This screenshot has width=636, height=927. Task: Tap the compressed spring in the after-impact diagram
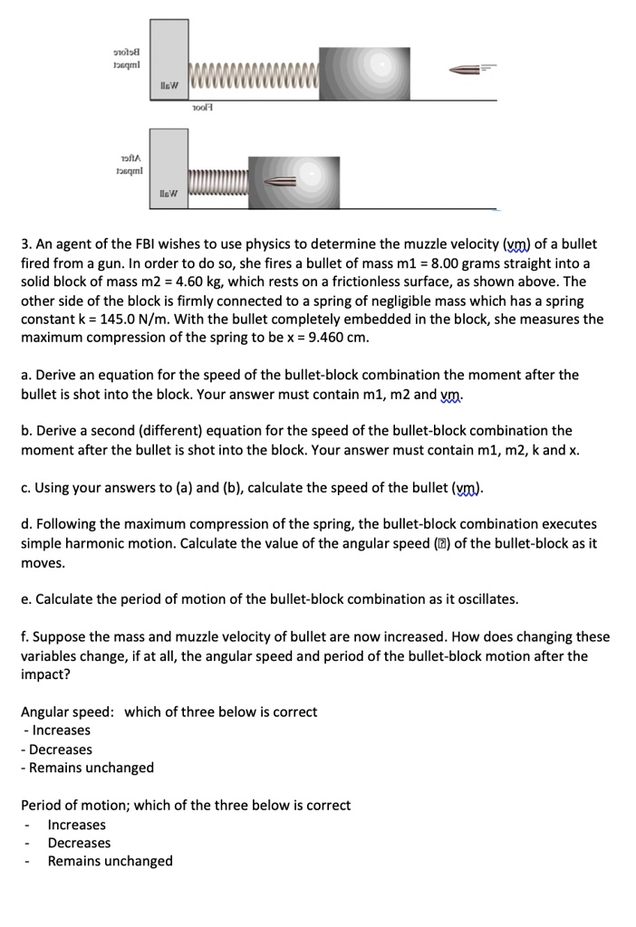point(217,182)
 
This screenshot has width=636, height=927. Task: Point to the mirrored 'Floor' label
point(201,107)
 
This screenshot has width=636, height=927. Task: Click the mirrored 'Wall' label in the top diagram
point(169,87)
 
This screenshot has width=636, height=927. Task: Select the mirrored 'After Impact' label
point(117,163)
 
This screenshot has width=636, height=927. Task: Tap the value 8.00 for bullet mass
point(459,263)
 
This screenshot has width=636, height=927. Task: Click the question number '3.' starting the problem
point(27,244)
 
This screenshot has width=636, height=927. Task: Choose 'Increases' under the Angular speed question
point(61,730)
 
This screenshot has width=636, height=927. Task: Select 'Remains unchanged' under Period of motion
point(110,861)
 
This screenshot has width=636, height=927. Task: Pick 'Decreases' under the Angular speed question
point(61,750)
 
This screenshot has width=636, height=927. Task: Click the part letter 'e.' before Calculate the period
point(27,599)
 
